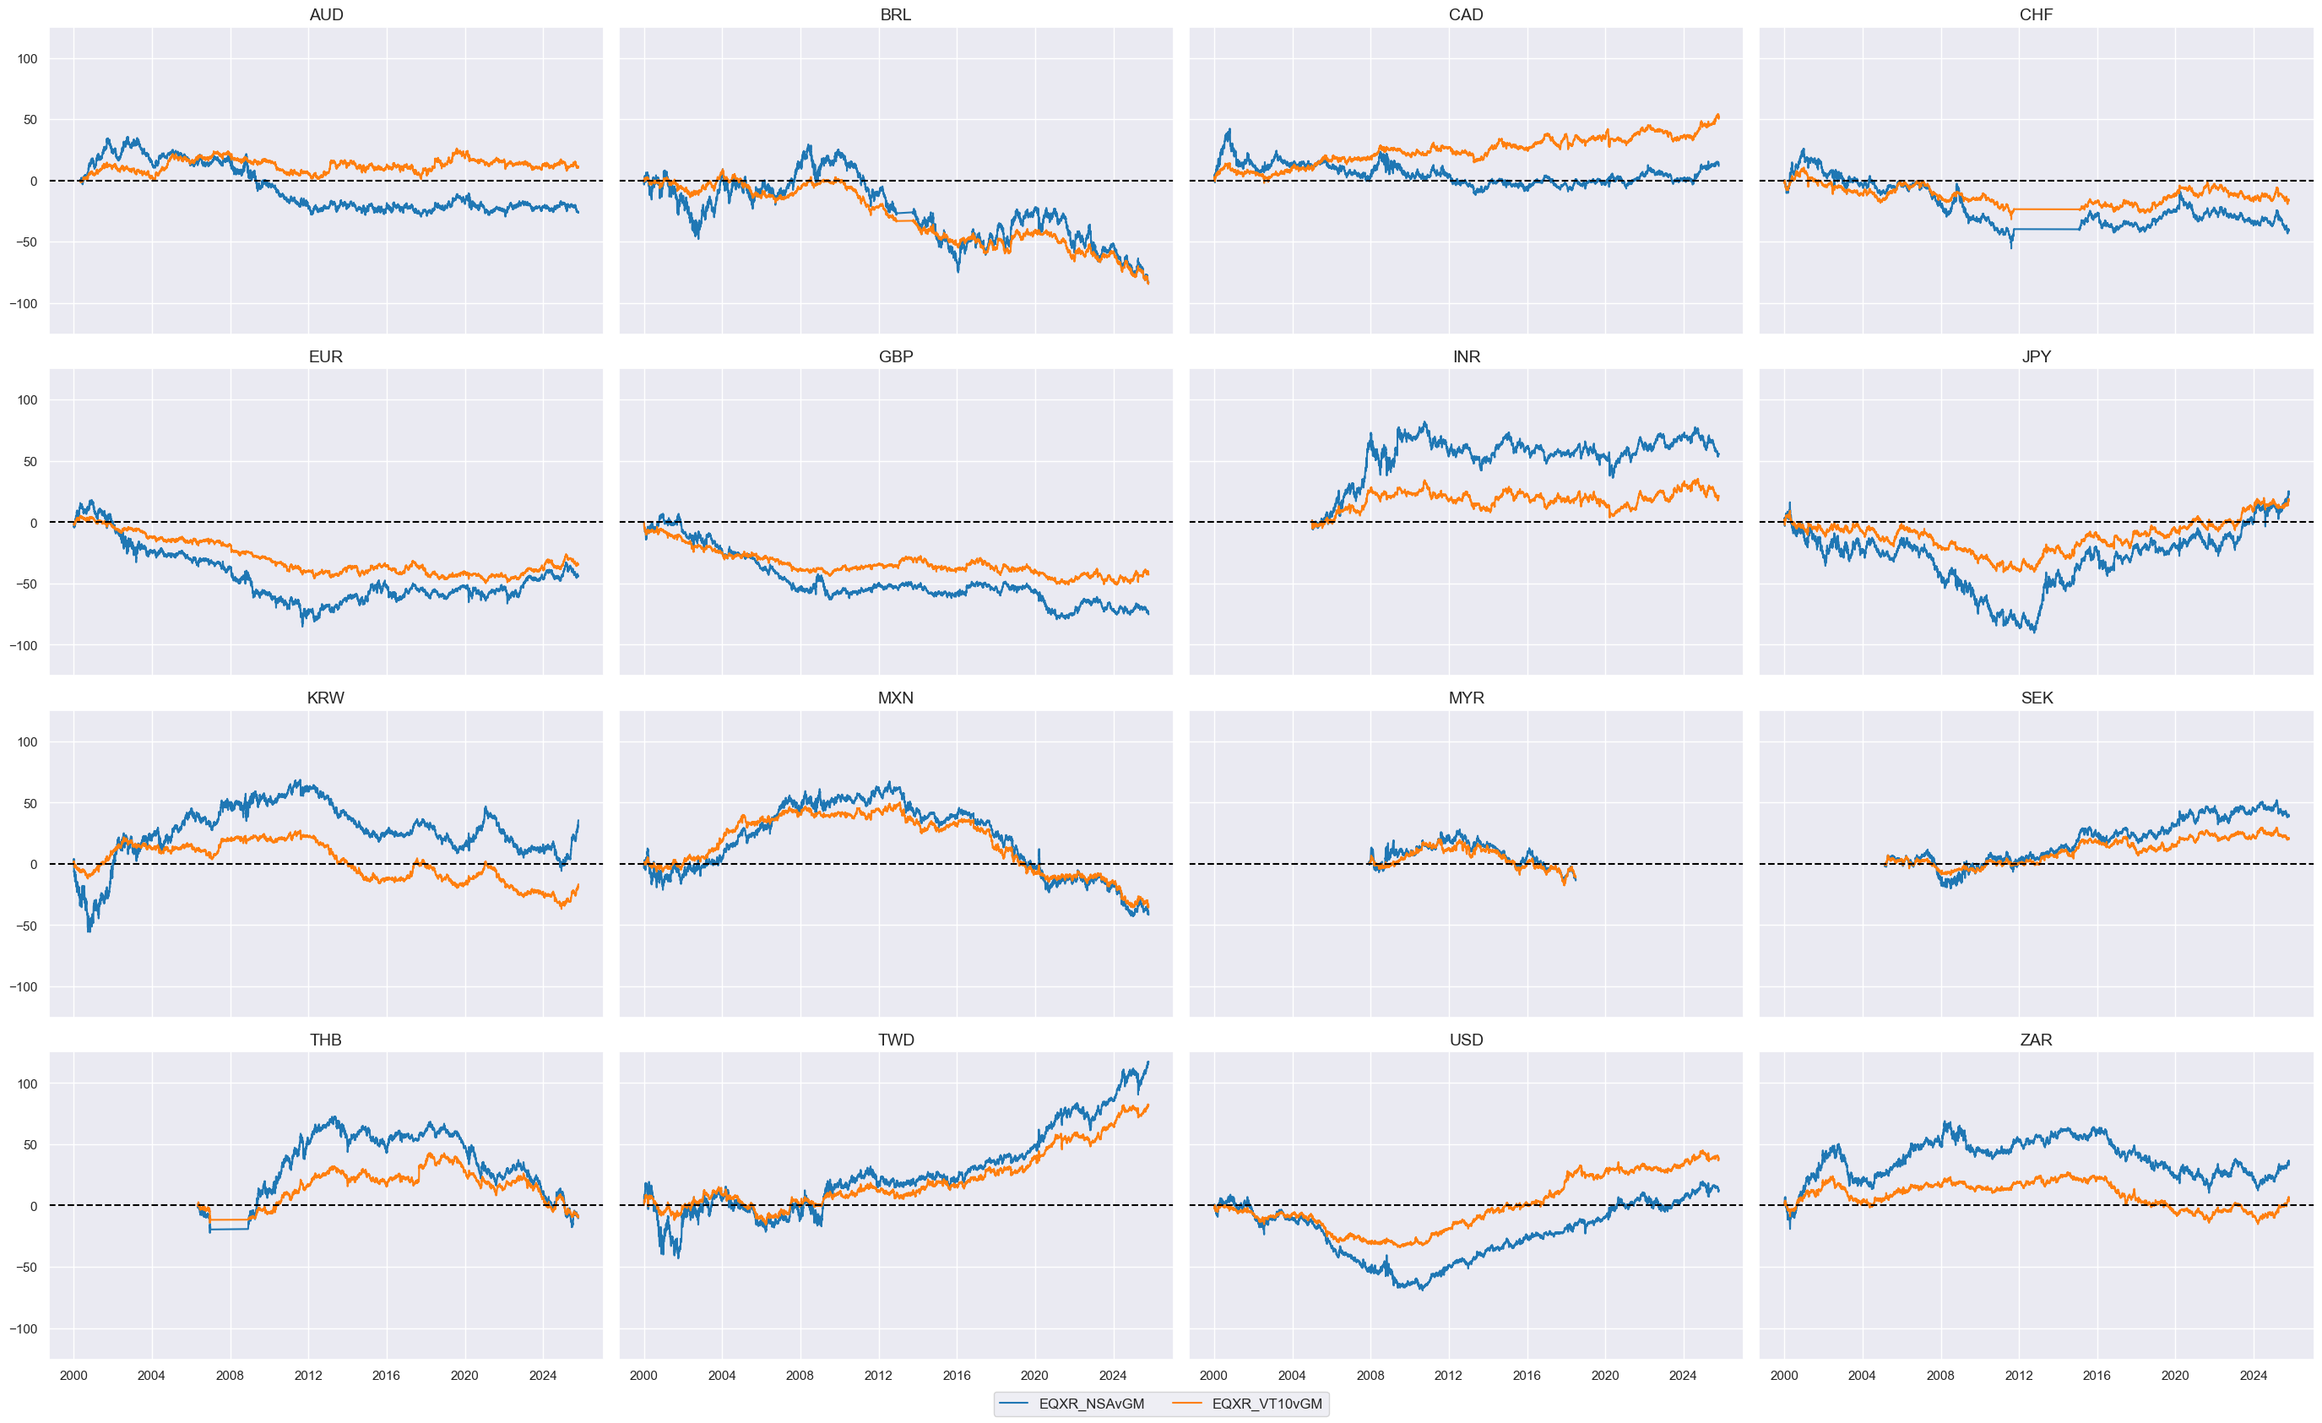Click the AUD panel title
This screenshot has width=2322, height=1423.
click(x=326, y=15)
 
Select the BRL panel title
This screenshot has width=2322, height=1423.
click(x=895, y=15)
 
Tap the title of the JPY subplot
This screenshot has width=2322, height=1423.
click(x=2036, y=356)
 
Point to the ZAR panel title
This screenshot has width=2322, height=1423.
click(x=2036, y=1040)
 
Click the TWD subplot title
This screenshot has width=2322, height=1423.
click(x=895, y=1040)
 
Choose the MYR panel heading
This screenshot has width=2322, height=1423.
click(x=1465, y=698)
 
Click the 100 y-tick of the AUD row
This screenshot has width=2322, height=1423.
click(x=27, y=58)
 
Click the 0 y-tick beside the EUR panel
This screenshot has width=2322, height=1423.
click(x=34, y=523)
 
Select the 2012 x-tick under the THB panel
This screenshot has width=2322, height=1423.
click(x=307, y=1375)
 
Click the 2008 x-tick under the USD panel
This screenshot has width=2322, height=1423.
click(x=1370, y=1375)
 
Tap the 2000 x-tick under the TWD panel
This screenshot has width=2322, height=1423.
click(x=643, y=1375)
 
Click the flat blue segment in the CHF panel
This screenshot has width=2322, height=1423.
click(x=2045, y=229)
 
